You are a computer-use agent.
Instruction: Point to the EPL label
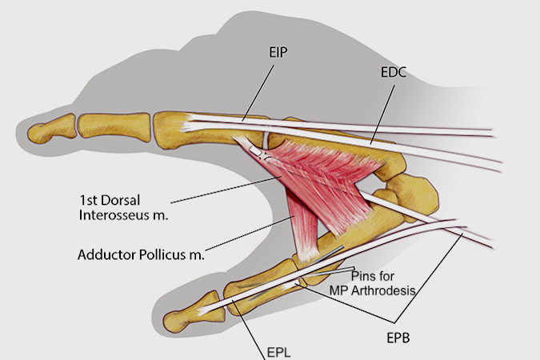coord(278,351)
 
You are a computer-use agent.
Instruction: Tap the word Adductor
coord(106,255)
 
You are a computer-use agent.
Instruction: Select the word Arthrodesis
coord(386,290)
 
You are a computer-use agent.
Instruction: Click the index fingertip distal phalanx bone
coord(50,130)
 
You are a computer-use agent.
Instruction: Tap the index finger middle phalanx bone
coord(112,125)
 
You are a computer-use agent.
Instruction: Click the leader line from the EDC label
coord(382,112)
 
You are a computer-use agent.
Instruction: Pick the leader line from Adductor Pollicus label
coord(248,236)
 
